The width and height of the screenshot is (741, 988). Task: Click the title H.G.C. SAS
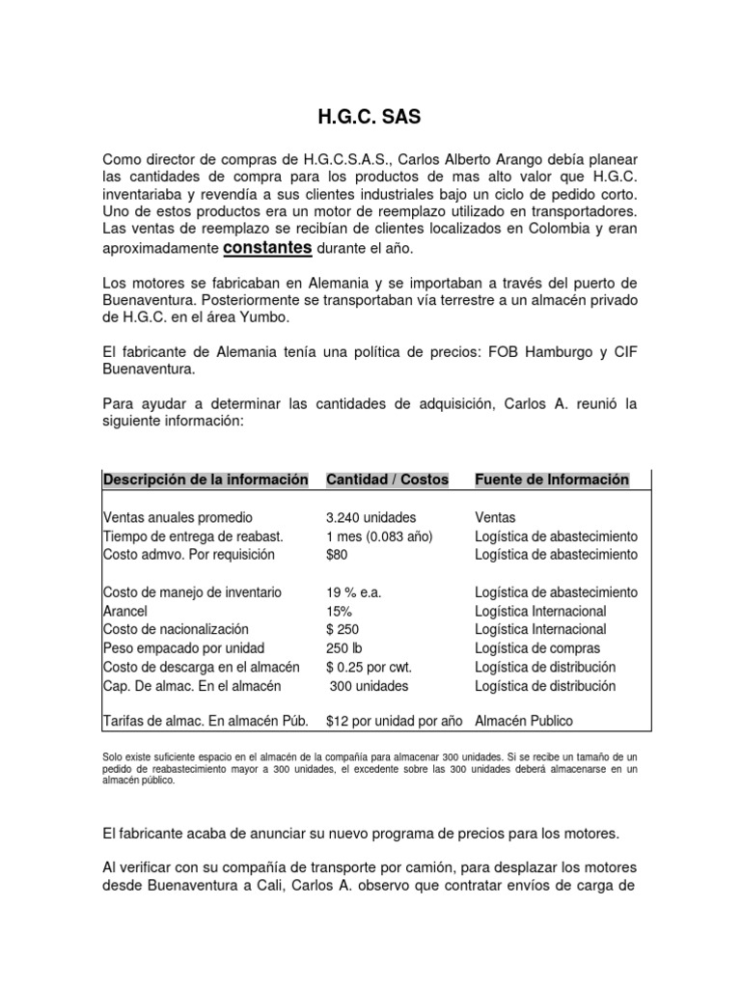[370, 119]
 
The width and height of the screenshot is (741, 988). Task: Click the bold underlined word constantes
[267, 248]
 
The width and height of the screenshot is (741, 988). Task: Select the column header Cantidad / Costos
[387, 480]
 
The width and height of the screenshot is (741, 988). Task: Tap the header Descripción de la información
[206, 480]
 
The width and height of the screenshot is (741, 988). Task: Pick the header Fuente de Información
[552, 480]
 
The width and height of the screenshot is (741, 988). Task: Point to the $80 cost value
[337, 555]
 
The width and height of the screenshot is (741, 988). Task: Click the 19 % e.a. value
[355, 592]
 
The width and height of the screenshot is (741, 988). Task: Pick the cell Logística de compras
[537, 648]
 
